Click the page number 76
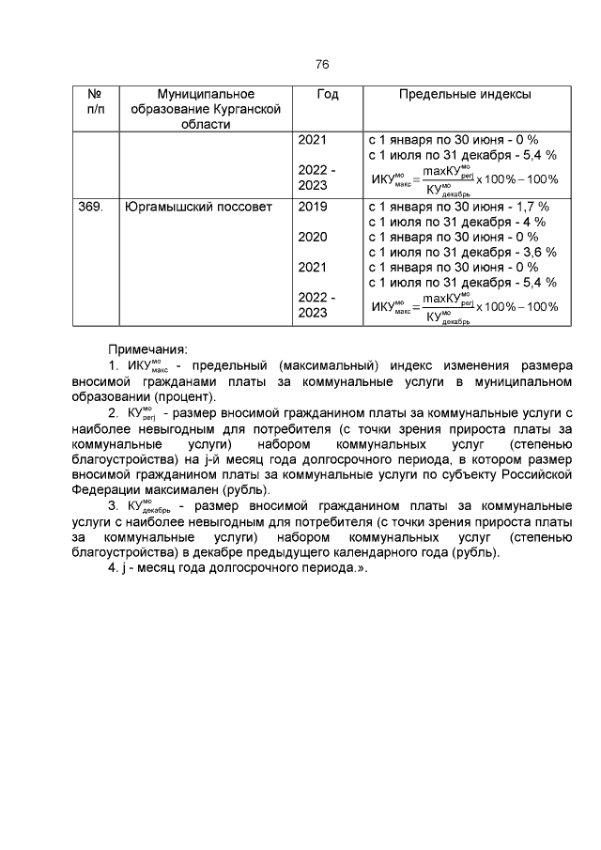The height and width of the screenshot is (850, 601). pyautogui.click(x=321, y=65)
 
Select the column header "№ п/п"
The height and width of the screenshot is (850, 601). pyautogui.click(x=95, y=102)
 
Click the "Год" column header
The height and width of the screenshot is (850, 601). pyautogui.click(x=328, y=95)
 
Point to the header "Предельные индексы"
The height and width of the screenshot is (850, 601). pyautogui.click(x=465, y=95)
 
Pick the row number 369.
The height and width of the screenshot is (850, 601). pyautogui.click(x=90, y=207)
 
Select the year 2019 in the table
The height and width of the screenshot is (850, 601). pyautogui.click(x=312, y=207)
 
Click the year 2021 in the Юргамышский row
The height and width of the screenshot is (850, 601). pyautogui.click(x=312, y=267)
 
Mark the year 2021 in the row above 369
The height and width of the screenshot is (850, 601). pyautogui.click(x=312, y=140)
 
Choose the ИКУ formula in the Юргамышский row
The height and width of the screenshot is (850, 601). pyautogui.click(x=465, y=306)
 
